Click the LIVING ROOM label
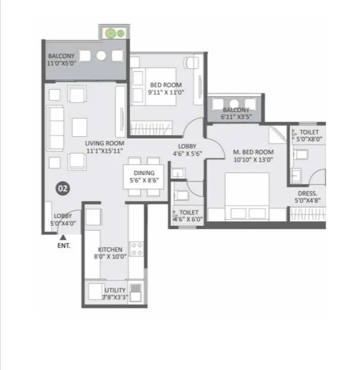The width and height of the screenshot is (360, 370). point(104,147)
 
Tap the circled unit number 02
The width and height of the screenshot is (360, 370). point(63,189)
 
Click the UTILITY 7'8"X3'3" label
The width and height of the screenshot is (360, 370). point(114,294)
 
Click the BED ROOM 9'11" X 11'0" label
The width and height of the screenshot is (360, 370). point(165,89)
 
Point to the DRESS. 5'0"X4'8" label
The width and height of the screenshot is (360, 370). point(308,197)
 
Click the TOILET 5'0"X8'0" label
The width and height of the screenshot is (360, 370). point(309,136)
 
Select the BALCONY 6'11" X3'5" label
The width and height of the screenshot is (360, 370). point(236,114)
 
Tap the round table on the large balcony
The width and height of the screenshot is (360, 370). point(101,56)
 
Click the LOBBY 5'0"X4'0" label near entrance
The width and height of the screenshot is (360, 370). point(63,220)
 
